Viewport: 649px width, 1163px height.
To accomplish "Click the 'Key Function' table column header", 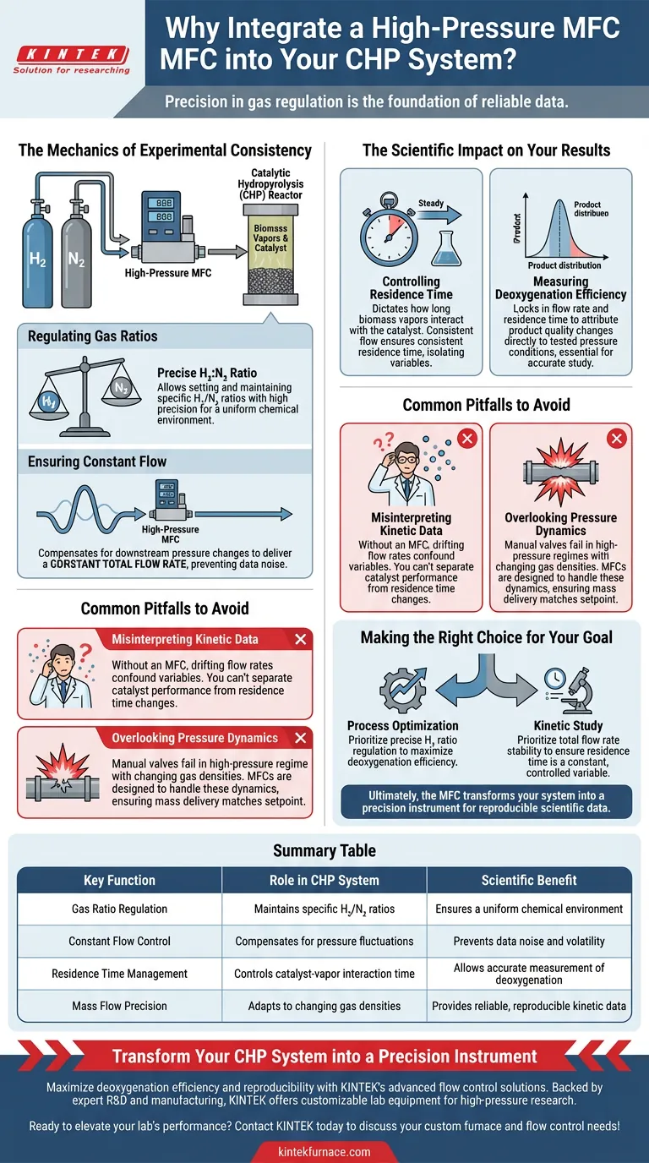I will [119, 880].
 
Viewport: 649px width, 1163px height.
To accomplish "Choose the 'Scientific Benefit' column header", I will [529, 880].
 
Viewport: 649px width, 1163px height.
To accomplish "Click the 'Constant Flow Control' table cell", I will [119, 941].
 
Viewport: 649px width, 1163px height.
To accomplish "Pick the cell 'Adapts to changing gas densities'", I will [324, 1006].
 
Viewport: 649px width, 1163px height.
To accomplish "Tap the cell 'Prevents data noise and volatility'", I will [529, 941].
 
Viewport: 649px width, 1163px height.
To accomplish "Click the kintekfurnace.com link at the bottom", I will [324, 1151].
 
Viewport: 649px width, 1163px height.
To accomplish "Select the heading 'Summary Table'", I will [324, 850].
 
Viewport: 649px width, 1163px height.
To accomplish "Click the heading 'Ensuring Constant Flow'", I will [97, 461].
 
